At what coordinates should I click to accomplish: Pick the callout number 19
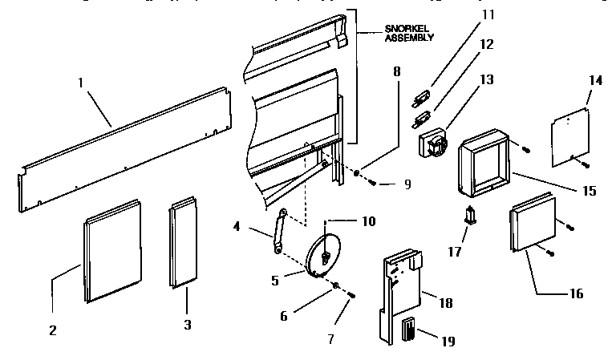[x=447, y=341]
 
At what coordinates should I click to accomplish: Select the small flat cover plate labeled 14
[x=570, y=136]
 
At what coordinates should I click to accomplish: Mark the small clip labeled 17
[x=470, y=216]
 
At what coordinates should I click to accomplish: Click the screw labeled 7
[x=352, y=298]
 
